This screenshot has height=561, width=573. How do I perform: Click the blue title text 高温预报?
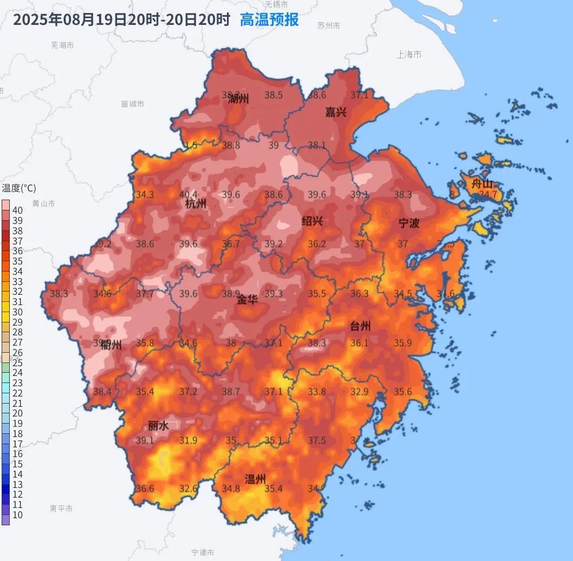pos(269,20)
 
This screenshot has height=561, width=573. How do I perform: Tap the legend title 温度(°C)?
pos(19,188)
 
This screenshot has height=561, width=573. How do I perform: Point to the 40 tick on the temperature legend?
pos(17,210)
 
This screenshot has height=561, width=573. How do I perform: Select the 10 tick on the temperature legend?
pos(17,515)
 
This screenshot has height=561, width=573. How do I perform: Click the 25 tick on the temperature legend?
pos(17,363)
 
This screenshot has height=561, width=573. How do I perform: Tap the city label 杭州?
pos(196,204)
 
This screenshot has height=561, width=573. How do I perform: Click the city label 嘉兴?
pos(336,113)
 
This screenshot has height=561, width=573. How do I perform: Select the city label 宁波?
pos(409,223)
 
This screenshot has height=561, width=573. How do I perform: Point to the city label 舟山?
pos(482,183)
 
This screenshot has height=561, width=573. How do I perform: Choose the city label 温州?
pos(256,479)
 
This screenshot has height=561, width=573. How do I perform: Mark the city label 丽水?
pos(158,426)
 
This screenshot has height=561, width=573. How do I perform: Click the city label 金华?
pos(248,300)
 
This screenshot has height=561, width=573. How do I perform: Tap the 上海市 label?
pos(409,55)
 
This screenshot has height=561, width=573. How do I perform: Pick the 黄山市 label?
pos(43,203)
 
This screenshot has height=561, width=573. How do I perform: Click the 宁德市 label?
pos(203,552)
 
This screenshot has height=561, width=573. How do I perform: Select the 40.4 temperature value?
pos(188,195)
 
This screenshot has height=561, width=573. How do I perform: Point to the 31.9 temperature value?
pos(188,440)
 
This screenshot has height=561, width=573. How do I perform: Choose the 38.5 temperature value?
pos(274,95)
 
